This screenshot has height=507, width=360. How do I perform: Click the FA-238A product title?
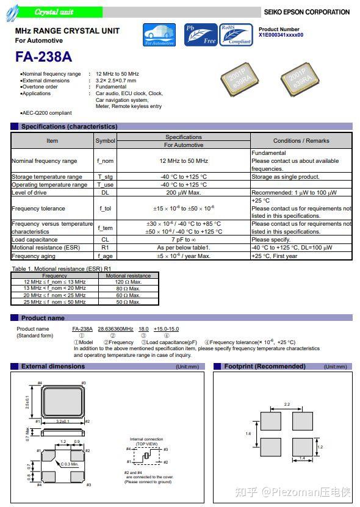[43, 57]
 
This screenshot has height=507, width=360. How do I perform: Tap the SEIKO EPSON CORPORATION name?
[306, 12]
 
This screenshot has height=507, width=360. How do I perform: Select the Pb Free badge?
[200, 35]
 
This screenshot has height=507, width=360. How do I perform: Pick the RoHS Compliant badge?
[236, 35]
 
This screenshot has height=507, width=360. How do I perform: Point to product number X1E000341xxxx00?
[281, 35]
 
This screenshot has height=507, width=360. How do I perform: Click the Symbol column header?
[105, 141]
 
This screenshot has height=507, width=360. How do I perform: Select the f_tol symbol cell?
[105, 209]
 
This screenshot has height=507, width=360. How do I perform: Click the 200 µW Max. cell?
[183, 193]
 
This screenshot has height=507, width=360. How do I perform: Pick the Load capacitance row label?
[35, 240]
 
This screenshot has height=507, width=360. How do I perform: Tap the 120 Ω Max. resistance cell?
[128, 282]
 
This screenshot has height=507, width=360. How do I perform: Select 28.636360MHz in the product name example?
[115, 329]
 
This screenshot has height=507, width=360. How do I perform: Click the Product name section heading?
[43, 318]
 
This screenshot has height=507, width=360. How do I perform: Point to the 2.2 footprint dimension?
[287, 405]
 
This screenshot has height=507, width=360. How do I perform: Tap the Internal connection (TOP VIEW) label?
[146, 441]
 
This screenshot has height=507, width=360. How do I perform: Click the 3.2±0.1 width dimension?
[62, 421]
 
